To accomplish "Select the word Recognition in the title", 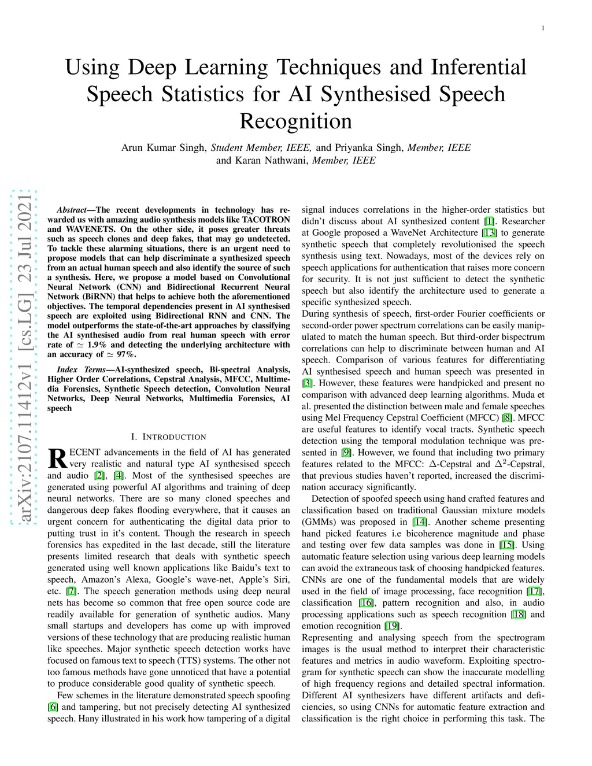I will tap(295, 121).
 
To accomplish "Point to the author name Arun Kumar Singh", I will tap(164, 147).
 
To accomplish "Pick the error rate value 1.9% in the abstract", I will tap(91, 345).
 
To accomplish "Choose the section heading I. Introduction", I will tap(168, 437).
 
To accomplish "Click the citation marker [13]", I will tap(489, 233).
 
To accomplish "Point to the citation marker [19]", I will tap(392, 626).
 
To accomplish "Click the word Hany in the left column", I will tap(87, 719).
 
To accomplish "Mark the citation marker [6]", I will tap(53, 707).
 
